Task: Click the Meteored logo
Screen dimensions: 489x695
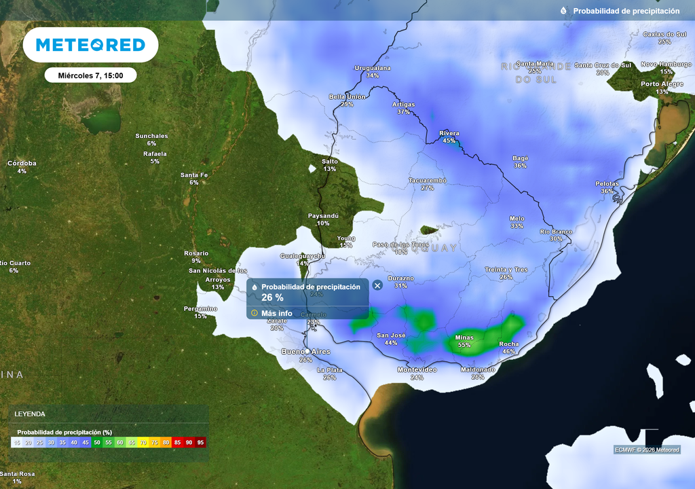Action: tap(90, 45)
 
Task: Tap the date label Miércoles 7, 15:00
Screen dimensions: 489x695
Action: tap(90, 75)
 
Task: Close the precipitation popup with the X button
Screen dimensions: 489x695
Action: tap(377, 285)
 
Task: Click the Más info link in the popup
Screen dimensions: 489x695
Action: tap(276, 313)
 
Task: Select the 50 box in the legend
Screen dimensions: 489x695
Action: tap(97, 442)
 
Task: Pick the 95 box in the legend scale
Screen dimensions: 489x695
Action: tap(200, 442)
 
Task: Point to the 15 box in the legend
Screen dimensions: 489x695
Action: tap(17, 442)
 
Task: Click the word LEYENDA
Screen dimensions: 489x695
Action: tap(30, 414)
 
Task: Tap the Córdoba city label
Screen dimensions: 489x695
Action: tap(22, 163)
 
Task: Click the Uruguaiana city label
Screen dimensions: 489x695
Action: tap(373, 68)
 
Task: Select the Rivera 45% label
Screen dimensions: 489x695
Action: tap(449, 137)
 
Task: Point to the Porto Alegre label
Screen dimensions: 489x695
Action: tap(662, 84)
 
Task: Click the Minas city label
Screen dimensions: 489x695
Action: tap(464, 338)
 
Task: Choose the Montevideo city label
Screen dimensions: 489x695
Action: tap(417, 369)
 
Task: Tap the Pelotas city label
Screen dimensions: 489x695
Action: tap(607, 183)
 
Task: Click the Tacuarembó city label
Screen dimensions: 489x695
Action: tap(427, 180)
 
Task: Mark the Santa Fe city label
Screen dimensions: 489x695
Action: tap(194, 175)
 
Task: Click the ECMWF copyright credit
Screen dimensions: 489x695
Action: tap(647, 450)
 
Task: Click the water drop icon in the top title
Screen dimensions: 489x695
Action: tap(563, 11)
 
